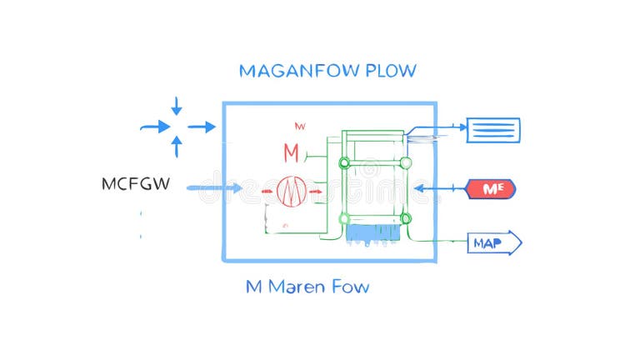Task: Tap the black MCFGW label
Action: coord(135,183)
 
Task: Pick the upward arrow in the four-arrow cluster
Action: coord(176,147)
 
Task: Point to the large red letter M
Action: coord(291,153)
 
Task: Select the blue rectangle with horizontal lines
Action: coord(493,129)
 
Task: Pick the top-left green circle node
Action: coord(342,162)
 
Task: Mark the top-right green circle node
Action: coord(406,162)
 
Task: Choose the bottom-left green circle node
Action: coord(342,218)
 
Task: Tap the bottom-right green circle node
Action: coord(406,218)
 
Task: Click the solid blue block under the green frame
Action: coord(374,232)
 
